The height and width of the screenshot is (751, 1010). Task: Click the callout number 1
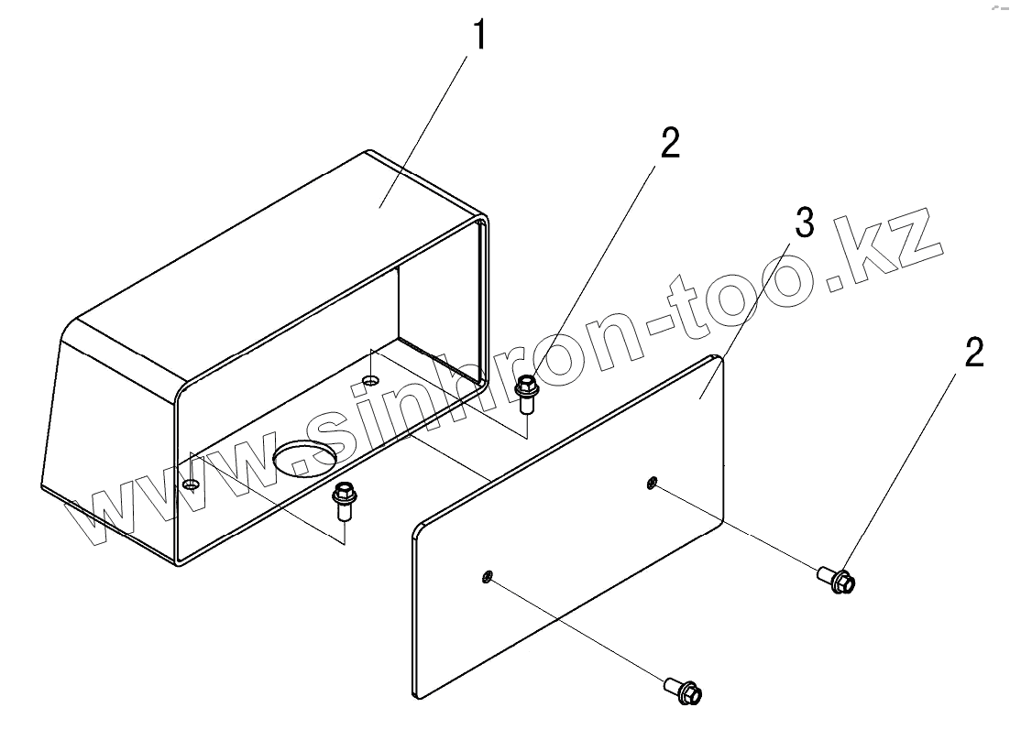[478, 36]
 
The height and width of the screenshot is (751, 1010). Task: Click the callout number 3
[804, 223]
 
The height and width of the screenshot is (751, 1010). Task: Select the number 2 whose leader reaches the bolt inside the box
[670, 144]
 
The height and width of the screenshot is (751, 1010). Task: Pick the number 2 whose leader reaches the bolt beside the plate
[974, 353]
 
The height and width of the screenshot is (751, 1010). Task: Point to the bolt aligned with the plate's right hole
[837, 579]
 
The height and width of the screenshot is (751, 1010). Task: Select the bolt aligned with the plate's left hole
[685, 689]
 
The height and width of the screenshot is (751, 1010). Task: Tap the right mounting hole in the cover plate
[652, 482]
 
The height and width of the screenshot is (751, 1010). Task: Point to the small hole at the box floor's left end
[190, 484]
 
